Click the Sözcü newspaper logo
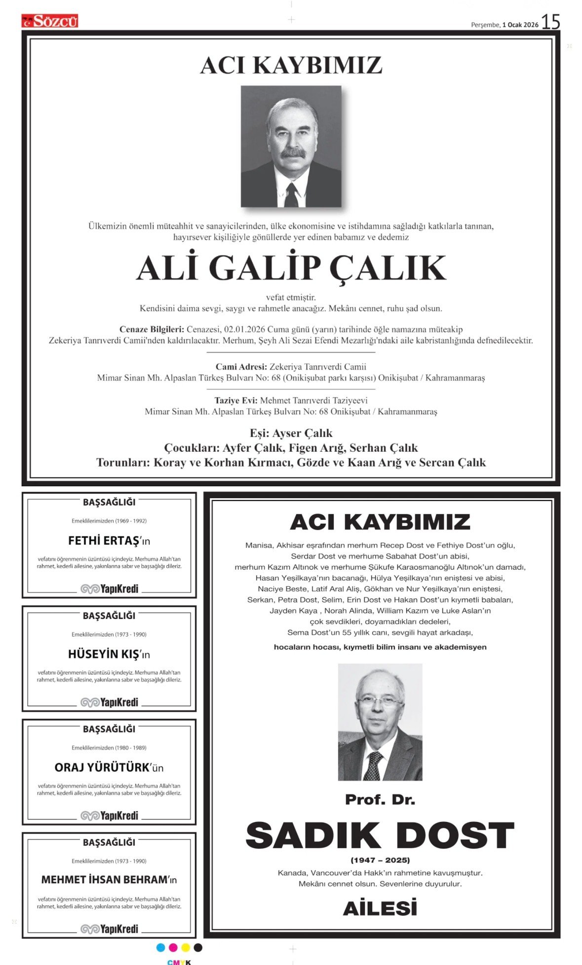coord(50,21)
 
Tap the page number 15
coord(550,22)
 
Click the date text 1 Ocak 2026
coord(520,25)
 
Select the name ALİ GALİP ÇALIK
coord(291,268)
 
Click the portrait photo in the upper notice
coord(291,146)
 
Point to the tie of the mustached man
coord(291,195)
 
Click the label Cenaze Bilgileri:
coord(152,329)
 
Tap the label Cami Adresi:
coord(241,367)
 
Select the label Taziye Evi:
coord(236,400)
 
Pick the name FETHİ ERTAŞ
coord(104,541)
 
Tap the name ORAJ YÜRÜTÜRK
coord(102,768)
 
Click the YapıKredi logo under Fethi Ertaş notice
coord(110,589)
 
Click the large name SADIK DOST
coord(380,835)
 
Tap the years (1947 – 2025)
coord(380,860)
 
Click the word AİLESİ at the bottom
coord(380,908)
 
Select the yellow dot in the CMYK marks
coord(186,947)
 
